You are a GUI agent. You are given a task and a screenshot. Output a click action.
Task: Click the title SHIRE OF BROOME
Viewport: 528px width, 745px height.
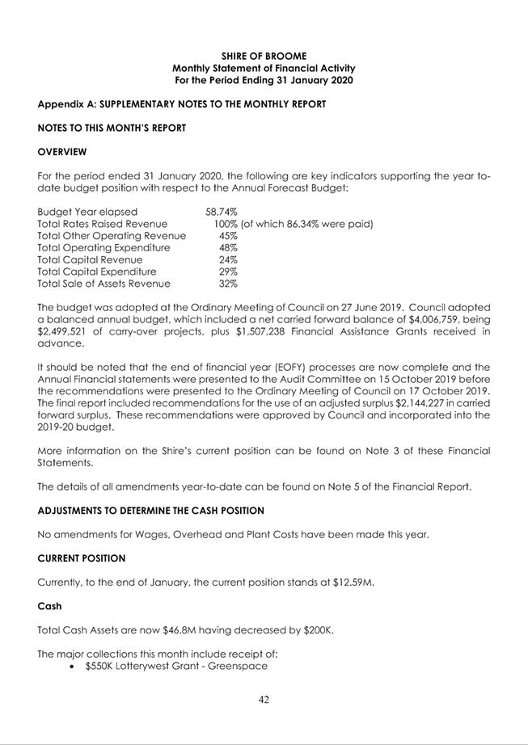(x=264, y=56)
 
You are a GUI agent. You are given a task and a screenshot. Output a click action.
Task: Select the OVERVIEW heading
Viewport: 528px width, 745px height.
(x=62, y=151)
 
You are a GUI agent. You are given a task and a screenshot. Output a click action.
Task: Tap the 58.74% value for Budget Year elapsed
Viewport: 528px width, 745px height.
(x=221, y=212)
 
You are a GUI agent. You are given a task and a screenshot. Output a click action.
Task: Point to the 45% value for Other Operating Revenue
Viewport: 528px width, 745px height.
(x=228, y=236)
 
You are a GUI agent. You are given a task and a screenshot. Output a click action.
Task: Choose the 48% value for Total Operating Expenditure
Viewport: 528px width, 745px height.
(x=228, y=248)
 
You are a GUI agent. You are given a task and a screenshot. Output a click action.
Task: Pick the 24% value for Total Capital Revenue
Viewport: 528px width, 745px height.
(x=228, y=260)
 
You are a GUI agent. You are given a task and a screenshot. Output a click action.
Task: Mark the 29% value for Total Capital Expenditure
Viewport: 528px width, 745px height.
(x=228, y=272)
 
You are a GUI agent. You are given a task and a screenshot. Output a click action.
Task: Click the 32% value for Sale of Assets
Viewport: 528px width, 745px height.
(x=228, y=284)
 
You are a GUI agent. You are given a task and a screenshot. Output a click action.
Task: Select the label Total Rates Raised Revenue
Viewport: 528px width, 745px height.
(x=103, y=224)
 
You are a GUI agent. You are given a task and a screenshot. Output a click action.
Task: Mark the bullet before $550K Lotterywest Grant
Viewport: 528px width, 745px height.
(x=74, y=667)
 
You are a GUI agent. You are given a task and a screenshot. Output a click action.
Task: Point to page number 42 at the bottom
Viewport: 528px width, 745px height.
(x=264, y=701)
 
